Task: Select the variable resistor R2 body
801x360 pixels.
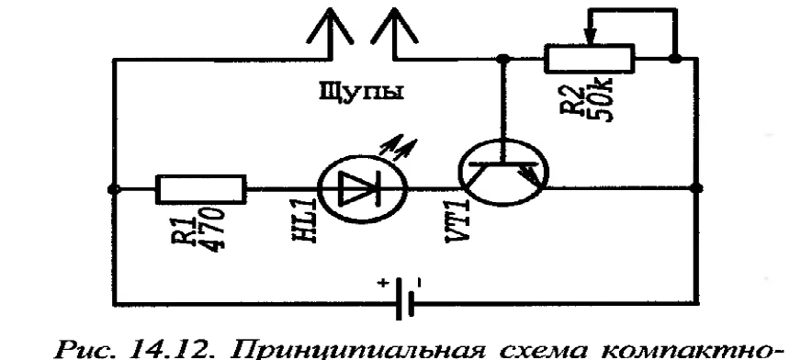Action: point(589,60)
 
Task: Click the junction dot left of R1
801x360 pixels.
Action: point(112,191)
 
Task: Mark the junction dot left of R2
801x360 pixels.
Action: point(502,59)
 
